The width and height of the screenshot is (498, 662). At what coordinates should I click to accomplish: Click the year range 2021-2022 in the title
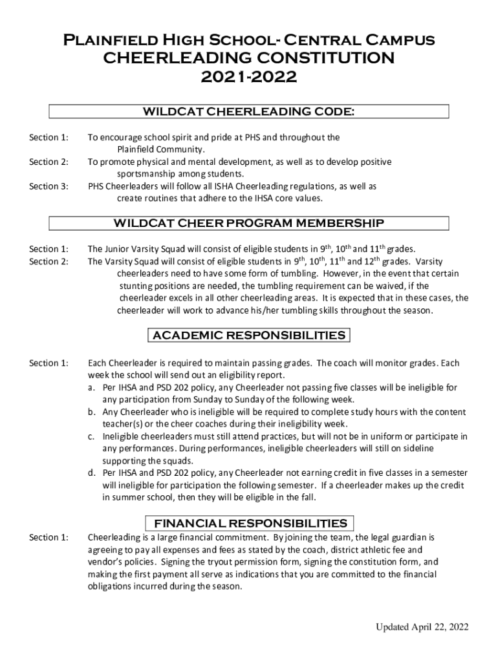pos(248,78)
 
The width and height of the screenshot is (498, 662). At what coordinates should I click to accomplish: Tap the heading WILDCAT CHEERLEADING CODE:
pos(248,112)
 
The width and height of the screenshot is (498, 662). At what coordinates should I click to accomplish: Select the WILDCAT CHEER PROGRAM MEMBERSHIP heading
pos(248,224)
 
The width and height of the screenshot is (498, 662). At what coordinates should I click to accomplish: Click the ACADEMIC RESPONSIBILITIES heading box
pos(249,335)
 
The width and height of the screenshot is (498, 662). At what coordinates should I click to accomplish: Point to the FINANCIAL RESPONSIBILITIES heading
pos(249,523)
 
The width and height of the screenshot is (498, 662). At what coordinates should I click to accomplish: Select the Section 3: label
pos(49,186)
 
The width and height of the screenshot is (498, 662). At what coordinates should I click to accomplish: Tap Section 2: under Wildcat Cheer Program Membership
pos(49,261)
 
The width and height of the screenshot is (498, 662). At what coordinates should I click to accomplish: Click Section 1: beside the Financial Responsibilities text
pos(49,537)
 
